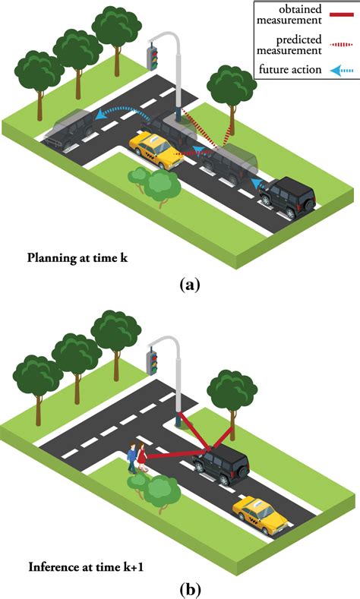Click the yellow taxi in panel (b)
(x=261, y=515)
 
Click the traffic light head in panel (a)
(x=153, y=58)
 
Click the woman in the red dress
(x=142, y=457)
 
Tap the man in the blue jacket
(x=132, y=458)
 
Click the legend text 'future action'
(x=290, y=70)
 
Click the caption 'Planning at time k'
(x=77, y=258)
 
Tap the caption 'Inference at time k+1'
(x=86, y=567)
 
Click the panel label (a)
(x=190, y=285)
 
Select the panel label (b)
(x=190, y=589)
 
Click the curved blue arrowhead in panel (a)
(x=101, y=114)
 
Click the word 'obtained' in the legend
(x=301, y=9)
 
